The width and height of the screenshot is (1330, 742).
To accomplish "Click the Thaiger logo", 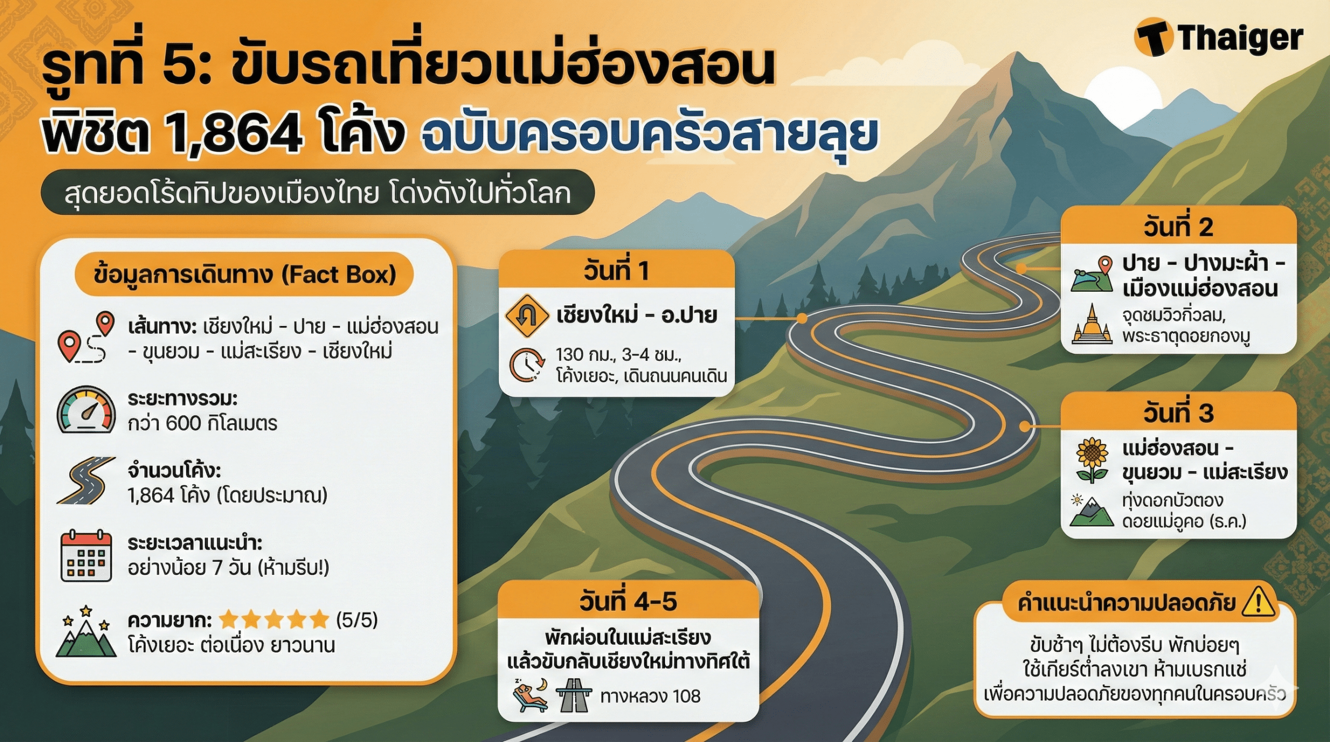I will [x=1219, y=37].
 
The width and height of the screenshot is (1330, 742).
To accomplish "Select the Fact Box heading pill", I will [x=244, y=274].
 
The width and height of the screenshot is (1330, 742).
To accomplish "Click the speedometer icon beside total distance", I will [x=86, y=410].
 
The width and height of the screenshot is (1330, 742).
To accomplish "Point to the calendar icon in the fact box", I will [x=86, y=556].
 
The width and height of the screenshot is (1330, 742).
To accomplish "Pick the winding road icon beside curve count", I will [x=86, y=481].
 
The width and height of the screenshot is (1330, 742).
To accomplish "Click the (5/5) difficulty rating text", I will [x=357, y=619].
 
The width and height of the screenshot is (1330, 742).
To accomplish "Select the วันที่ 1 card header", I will [x=616, y=270].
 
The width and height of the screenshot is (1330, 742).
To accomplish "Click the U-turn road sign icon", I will [x=527, y=315].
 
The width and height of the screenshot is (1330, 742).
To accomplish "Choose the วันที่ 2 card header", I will [x=1178, y=227].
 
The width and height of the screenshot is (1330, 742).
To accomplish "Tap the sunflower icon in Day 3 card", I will [x=1092, y=460].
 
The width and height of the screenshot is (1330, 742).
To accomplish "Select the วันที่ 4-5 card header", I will [x=628, y=601].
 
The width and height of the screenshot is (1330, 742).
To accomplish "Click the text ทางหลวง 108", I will [x=650, y=696].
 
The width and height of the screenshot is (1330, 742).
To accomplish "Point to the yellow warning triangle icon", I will [x=1258, y=602].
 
